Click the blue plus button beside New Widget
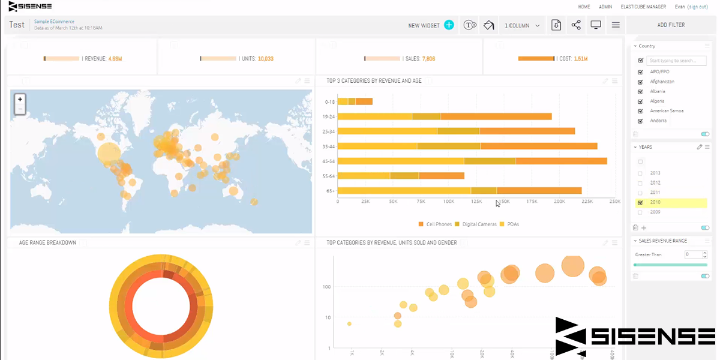point(449,25)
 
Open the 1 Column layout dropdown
point(521,25)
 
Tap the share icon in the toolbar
point(576,25)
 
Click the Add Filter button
point(671,25)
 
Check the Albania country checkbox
point(641,91)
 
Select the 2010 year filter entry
point(655,202)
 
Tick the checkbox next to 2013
point(640,173)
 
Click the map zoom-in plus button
point(20,99)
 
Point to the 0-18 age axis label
point(329,102)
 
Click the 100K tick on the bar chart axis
point(448,202)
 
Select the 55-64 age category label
point(328,176)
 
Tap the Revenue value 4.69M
point(115,59)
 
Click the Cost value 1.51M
point(580,59)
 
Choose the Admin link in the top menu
point(605,7)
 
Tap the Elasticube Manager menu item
point(643,7)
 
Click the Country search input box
point(676,61)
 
